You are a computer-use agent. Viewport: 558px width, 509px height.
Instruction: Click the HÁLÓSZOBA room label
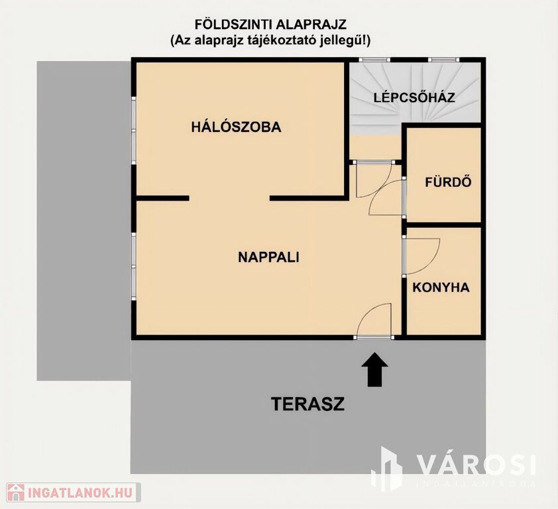pyautogui.click(x=236, y=127)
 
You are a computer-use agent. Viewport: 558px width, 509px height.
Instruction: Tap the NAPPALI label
pyautogui.click(x=268, y=257)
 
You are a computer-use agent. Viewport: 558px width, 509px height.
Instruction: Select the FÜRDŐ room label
pyautogui.click(x=448, y=182)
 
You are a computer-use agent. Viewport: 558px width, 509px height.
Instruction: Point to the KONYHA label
pyautogui.click(x=441, y=287)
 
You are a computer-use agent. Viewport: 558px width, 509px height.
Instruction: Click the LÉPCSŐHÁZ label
pyautogui.click(x=414, y=97)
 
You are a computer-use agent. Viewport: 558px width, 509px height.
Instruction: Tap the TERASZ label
pyautogui.click(x=307, y=404)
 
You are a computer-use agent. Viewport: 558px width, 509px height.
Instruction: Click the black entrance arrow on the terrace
pyautogui.click(x=374, y=369)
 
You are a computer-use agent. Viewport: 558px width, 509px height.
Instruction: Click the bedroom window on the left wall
pyautogui.click(x=134, y=131)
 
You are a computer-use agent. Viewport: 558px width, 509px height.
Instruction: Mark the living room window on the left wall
pyautogui.click(x=134, y=266)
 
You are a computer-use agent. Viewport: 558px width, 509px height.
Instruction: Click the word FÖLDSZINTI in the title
pyautogui.click(x=233, y=25)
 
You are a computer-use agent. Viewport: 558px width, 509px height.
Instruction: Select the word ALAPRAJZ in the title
pyautogui.click(x=311, y=25)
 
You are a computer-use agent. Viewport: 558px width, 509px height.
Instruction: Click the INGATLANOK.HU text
pyautogui.click(x=80, y=492)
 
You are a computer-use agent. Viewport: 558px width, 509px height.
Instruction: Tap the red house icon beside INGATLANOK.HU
pyautogui.click(x=15, y=492)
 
